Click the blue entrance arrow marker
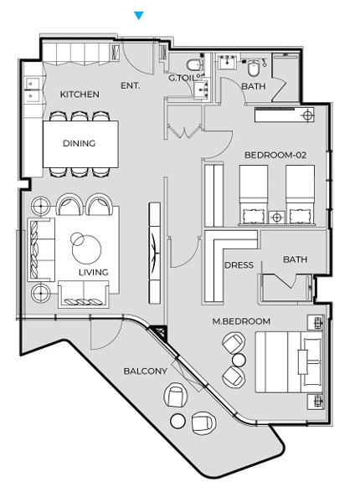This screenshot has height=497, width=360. click(x=139, y=16)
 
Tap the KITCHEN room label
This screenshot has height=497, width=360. click(x=80, y=95)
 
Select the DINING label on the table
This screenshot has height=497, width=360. click(x=79, y=143)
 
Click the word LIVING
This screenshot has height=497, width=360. click(x=93, y=272)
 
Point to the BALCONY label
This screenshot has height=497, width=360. click(x=146, y=371)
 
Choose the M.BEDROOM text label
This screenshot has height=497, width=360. click(x=241, y=321)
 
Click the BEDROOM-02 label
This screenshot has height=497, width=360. click(x=275, y=155)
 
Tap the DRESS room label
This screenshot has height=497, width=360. click(x=239, y=265)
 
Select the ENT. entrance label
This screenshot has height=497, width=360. click(x=131, y=85)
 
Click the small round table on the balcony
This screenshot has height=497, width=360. click(x=177, y=421)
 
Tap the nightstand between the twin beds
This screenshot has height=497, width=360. click(x=276, y=218)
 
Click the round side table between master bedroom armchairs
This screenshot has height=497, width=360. click(x=239, y=360)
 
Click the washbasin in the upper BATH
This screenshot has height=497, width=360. click(x=228, y=61)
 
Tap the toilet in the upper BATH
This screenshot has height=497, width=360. click(x=253, y=68)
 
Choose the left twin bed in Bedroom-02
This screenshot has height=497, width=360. click(x=253, y=195)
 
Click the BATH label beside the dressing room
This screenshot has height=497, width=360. click(x=295, y=259)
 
